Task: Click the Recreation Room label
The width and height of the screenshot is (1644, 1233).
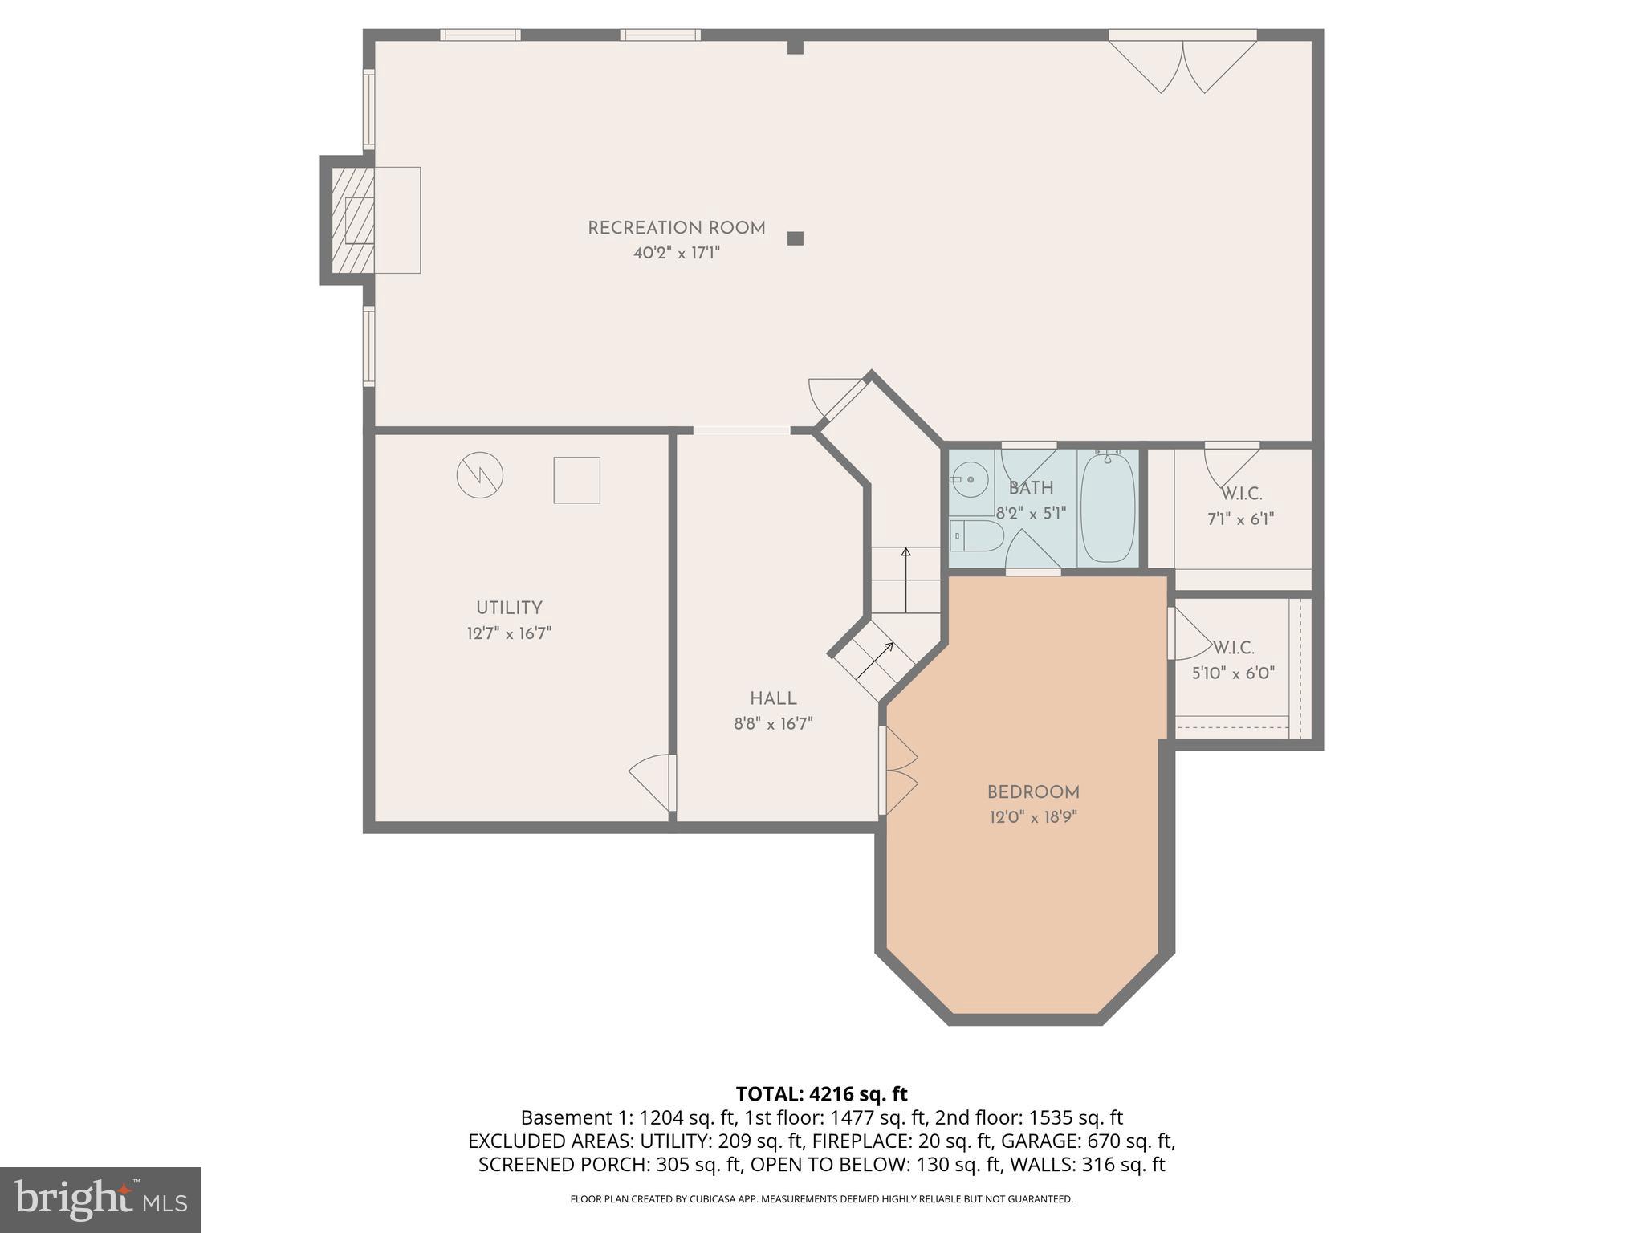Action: click(x=676, y=228)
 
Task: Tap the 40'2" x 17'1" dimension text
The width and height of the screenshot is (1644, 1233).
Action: click(x=676, y=254)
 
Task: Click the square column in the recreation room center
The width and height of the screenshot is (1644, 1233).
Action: click(x=795, y=238)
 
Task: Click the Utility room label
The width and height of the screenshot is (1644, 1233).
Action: click(x=509, y=608)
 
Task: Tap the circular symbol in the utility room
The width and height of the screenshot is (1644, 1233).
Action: click(x=480, y=475)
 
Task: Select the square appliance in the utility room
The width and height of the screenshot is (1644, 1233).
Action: click(x=576, y=480)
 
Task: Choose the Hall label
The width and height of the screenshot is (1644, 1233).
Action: click(x=773, y=698)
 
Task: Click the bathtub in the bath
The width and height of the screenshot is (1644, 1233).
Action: click(x=1107, y=507)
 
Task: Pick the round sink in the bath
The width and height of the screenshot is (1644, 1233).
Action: click(x=971, y=480)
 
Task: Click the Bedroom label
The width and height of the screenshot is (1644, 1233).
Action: click(x=1032, y=792)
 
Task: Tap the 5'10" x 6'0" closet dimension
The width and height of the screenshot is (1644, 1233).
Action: click(x=1233, y=673)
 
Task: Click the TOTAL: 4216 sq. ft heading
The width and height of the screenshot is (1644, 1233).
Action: click(x=821, y=1093)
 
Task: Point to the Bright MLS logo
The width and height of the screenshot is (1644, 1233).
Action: click(x=100, y=1199)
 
